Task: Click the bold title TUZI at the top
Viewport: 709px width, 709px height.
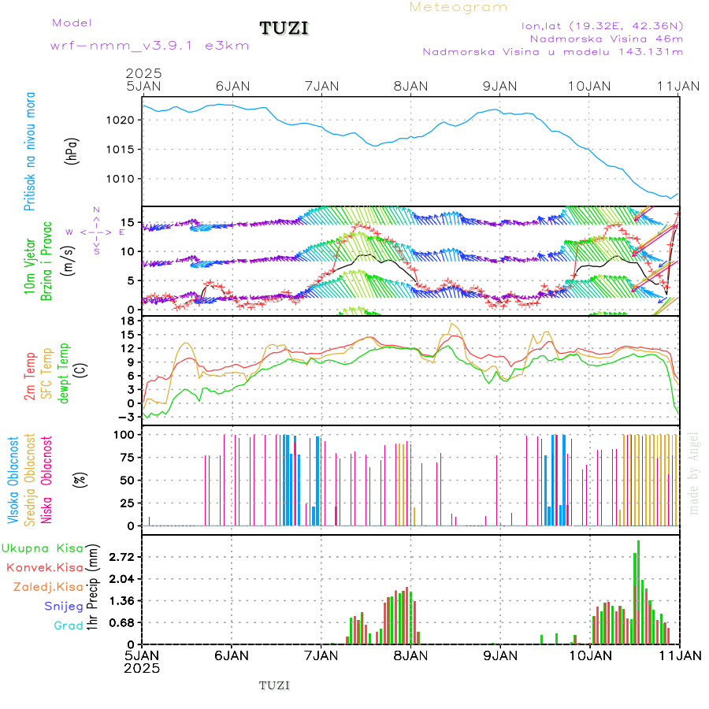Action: [x=284, y=29]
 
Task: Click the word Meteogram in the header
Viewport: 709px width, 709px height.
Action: [x=458, y=7]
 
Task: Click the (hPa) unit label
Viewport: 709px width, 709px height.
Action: [x=72, y=150]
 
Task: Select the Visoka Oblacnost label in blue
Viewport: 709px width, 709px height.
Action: [x=14, y=481]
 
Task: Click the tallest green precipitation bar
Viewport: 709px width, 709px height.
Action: [x=638, y=591]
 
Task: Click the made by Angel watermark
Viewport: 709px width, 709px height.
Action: [x=694, y=473]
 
